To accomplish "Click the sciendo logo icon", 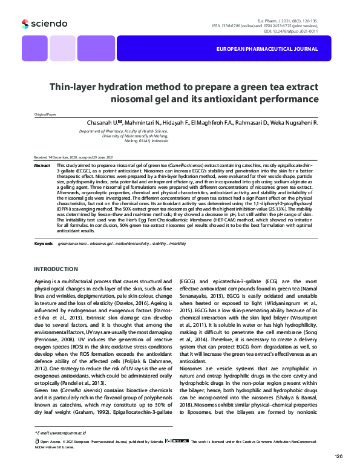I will point(25,24).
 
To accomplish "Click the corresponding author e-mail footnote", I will point(60,433).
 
